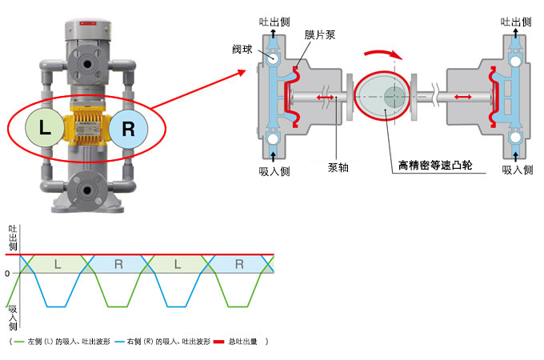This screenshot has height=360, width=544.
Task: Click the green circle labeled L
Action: (45, 128)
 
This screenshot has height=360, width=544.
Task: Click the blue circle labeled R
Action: (128, 129)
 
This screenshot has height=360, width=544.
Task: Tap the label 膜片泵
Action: (320, 34)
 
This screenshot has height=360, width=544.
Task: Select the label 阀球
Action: (242, 50)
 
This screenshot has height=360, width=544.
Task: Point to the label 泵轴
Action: (338, 167)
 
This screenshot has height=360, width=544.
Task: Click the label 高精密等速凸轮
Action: (435, 165)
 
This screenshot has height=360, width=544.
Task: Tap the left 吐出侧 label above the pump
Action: (274, 22)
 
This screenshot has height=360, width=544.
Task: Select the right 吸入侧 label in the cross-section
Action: (518, 170)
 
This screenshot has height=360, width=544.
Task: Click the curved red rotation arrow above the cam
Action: (383, 54)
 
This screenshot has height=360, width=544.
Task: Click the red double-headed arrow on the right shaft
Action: (463, 97)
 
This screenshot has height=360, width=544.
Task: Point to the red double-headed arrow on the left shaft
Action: (325, 98)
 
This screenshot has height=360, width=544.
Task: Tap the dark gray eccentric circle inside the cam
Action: (395, 97)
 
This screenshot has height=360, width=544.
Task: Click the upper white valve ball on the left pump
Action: (273, 57)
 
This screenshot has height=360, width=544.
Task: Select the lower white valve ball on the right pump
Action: (515, 138)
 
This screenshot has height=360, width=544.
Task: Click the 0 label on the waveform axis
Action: (7, 274)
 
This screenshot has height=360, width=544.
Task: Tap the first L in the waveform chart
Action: (58, 264)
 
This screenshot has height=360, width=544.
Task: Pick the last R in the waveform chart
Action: (239, 264)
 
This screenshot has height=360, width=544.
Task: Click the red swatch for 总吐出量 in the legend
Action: (219, 342)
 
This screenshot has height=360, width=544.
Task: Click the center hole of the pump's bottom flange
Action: (86, 190)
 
